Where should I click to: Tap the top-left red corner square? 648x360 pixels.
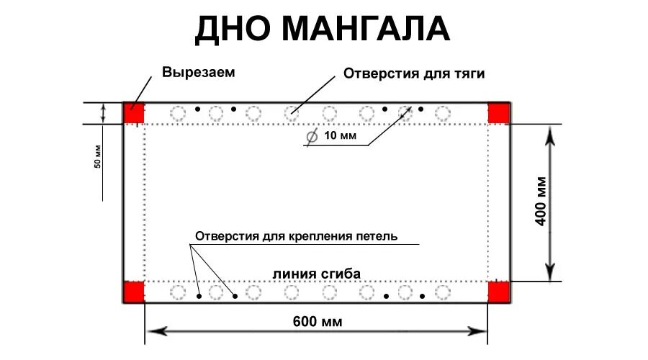[x=134, y=113]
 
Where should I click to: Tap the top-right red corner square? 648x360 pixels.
[x=499, y=113]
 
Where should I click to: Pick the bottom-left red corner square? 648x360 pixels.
[x=134, y=292]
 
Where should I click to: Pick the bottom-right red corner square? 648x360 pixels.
[x=499, y=292]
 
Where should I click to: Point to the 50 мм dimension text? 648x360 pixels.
[x=98, y=157]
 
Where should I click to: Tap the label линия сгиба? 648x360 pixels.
[x=316, y=274]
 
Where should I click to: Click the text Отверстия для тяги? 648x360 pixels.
[x=414, y=73]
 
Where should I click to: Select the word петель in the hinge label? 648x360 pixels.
[x=376, y=236]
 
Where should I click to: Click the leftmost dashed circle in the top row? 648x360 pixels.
[x=177, y=113]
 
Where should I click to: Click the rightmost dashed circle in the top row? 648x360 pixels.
[x=443, y=113]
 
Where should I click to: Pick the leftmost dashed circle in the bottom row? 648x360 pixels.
[x=177, y=292]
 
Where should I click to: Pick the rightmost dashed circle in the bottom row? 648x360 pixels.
[x=443, y=292]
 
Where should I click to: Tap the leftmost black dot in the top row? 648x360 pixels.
[x=197, y=109]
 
